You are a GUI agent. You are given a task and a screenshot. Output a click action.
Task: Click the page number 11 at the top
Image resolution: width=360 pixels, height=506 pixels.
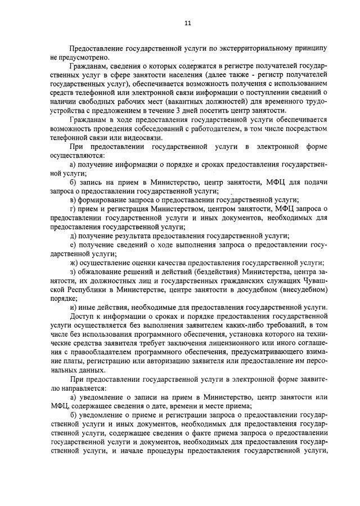point(188,23)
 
